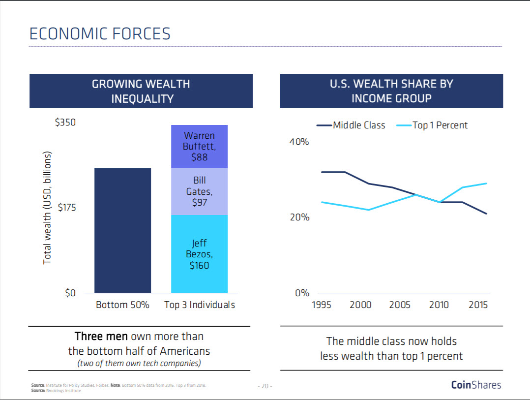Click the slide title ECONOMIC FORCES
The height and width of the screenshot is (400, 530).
click(x=100, y=33)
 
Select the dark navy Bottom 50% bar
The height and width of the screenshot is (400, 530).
click(x=122, y=230)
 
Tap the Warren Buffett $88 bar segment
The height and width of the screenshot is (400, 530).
click(x=199, y=146)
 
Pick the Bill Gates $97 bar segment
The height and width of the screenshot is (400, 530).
click(x=199, y=191)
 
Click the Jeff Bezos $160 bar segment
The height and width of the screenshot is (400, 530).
click(x=199, y=254)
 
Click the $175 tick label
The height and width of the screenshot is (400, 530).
click(x=67, y=208)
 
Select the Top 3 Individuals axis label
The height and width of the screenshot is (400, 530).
click(x=199, y=305)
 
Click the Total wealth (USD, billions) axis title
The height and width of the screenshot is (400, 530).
click(x=47, y=208)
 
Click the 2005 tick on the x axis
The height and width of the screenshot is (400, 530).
click(x=399, y=305)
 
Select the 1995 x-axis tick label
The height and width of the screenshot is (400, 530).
click(x=322, y=305)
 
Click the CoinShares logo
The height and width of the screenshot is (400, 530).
click(x=476, y=385)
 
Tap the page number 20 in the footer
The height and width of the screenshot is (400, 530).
click(x=265, y=386)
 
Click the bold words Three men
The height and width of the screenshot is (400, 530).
click(x=101, y=337)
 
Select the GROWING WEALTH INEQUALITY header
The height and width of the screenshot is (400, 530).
click(x=141, y=91)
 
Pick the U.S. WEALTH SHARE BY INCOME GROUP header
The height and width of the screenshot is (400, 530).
click(x=391, y=91)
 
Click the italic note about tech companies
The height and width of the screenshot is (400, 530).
click(x=139, y=364)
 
